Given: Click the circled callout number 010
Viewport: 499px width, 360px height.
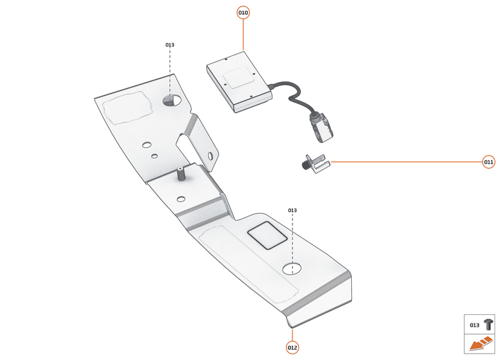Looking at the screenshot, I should point(243,13).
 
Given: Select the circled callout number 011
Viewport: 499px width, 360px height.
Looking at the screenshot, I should point(489,162).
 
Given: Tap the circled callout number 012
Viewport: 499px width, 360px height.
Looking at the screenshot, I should point(292,348).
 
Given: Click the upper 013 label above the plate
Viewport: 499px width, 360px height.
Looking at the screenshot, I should point(170,45).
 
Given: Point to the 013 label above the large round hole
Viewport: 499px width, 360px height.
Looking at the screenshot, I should point(292,210).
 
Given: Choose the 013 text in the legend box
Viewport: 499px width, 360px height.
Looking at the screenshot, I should point(474,325).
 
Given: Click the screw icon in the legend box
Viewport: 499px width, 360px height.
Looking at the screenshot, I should point(489,325).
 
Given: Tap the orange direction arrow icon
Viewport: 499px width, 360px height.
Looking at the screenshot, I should point(481,344).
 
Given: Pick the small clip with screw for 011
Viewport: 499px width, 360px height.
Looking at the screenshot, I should point(315,163).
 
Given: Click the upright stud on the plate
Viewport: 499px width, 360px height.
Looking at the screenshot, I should point(181,174).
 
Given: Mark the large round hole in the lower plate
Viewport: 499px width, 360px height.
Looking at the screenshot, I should point(292,268).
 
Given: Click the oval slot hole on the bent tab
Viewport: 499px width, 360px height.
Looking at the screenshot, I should point(210,155).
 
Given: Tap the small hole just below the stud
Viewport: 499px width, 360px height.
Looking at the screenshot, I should point(181,199).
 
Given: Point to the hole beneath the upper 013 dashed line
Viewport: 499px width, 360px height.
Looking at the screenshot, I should point(171,100).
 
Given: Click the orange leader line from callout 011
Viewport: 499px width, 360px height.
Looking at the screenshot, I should point(407,162).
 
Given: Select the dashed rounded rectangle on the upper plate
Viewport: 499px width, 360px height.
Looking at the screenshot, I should point(127,108).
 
